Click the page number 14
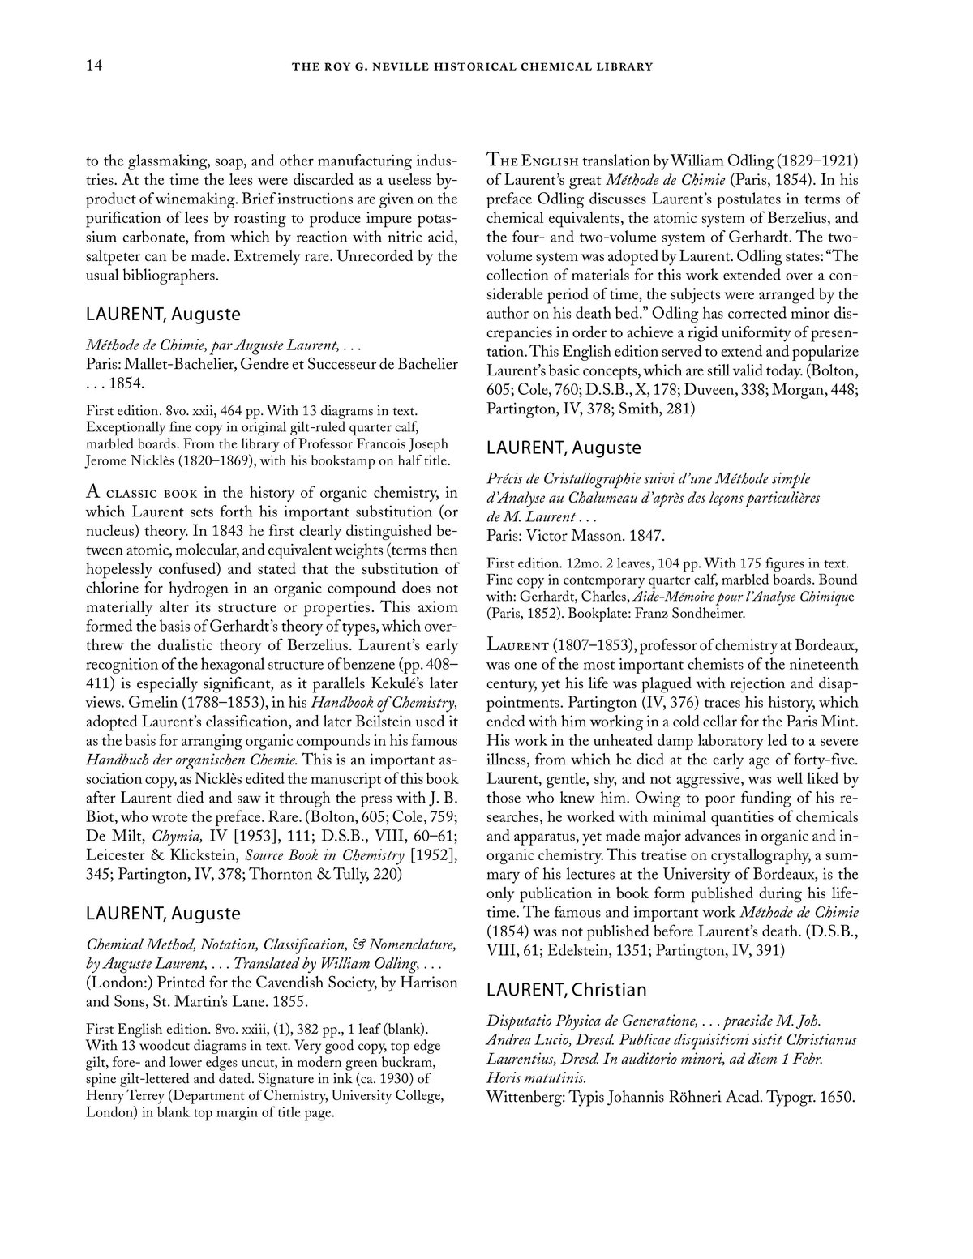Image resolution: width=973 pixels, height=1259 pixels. [x=93, y=66]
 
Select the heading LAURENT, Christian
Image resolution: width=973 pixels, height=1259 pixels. [x=566, y=990]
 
